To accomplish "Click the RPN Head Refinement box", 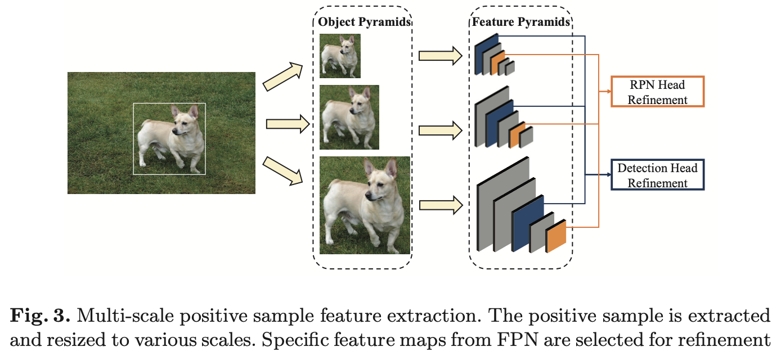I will pyautogui.click(x=657, y=92).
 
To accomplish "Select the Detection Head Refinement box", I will pyautogui.click(x=657, y=175).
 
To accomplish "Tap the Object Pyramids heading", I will pyautogui.click(x=364, y=22).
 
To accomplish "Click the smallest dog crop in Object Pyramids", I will pyautogui.click(x=340, y=56).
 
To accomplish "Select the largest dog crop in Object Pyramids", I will pyautogui.click(x=365, y=205).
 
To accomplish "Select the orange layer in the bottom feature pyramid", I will pyautogui.click(x=556, y=236).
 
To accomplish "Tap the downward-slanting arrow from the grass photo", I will pyautogui.click(x=283, y=170).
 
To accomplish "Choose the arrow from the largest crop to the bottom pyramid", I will pyautogui.click(x=440, y=204).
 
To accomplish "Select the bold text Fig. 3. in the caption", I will pyautogui.click(x=39, y=316).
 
